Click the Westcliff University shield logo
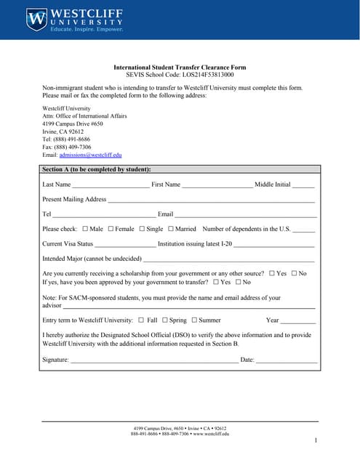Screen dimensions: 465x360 tap(36, 20)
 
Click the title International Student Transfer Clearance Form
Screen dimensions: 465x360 tap(180, 67)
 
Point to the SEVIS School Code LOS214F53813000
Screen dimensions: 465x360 tap(180, 75)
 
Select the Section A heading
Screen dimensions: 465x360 tap(97, 169)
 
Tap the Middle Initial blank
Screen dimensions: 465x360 tap(303, 185)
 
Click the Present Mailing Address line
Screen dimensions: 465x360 tap(211, 200)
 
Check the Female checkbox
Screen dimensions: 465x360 tap(111, 229)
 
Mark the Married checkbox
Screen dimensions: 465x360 tap(171, 229)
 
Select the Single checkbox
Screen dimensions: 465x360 tap(142, 229)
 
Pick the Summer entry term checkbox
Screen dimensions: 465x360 tap(193, 320)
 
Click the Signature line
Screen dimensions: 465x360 tap(153, 360)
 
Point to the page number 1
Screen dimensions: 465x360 tap(316, 441)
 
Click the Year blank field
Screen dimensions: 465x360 tap(298, 321)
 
